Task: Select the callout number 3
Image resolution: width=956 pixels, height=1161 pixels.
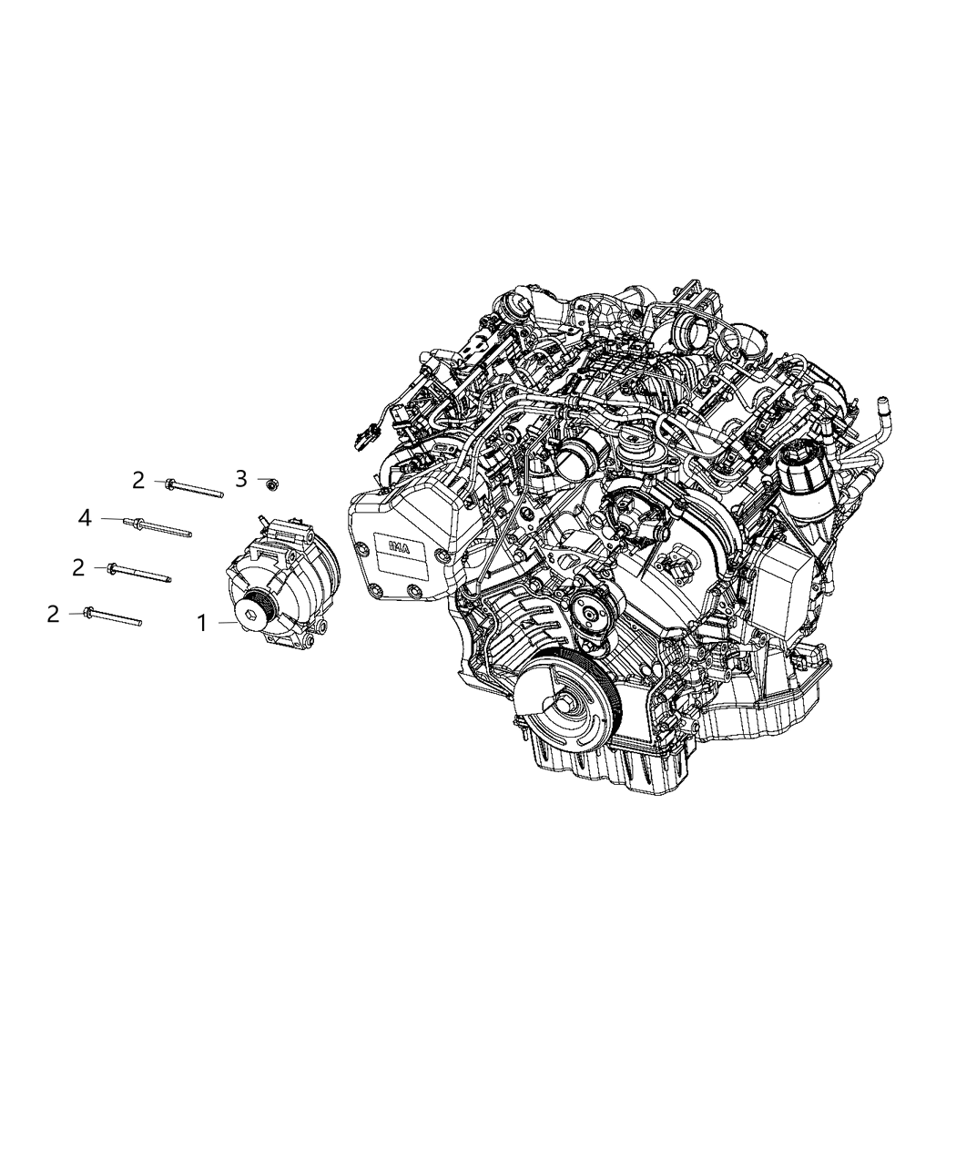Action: coord(241,479)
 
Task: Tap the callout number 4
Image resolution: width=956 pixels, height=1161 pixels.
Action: coord(85,518)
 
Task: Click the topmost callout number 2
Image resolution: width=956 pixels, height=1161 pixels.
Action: coord(138,481)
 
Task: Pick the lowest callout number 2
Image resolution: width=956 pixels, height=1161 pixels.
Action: coord(54,615)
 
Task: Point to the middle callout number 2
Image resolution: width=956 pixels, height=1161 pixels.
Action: coord(78,567)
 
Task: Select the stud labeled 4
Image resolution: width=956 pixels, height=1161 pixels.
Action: coord(164,527)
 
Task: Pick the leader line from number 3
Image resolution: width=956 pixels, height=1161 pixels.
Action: coord(259,480)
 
